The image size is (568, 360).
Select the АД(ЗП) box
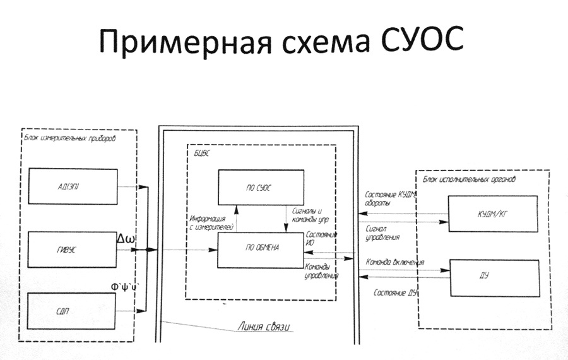click(73, 187)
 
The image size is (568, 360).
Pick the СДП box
click(73, 311)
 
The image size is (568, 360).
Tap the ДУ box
click(493, 277)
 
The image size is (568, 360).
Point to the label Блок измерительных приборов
click(71, 137)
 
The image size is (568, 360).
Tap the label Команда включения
click(394, 262)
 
